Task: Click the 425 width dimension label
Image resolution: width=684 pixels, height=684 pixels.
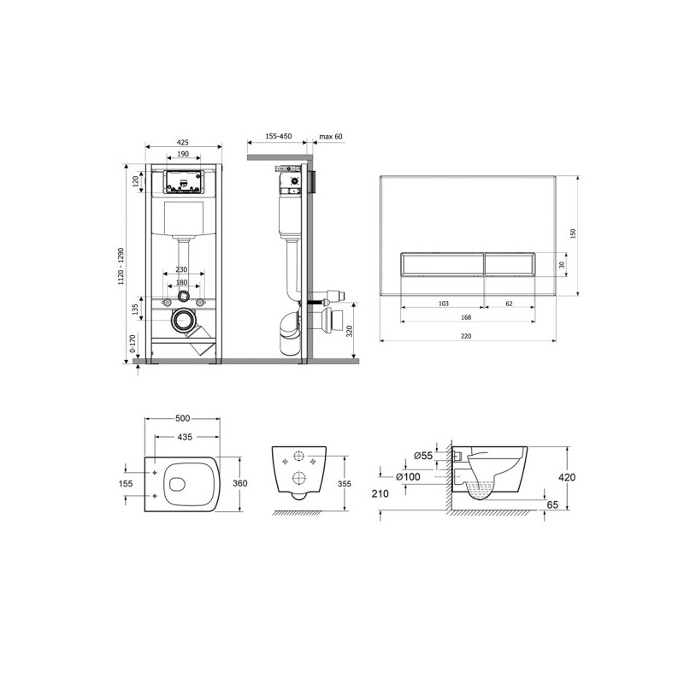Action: pos(183,142)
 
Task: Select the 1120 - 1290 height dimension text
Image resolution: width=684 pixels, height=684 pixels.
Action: pos(121,266)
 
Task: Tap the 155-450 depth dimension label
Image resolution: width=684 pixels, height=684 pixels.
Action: pos(279,136)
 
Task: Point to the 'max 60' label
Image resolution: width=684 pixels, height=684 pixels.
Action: pos(331,137)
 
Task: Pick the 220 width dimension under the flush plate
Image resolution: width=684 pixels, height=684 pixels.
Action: pos(466,336)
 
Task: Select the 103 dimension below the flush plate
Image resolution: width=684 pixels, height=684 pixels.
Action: pos(443,304)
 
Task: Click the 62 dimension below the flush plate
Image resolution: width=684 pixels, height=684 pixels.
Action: pos(509,304)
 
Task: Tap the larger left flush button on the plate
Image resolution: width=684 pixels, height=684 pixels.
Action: pos(441,264)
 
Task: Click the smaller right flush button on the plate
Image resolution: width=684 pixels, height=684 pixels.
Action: pos(510,264)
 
